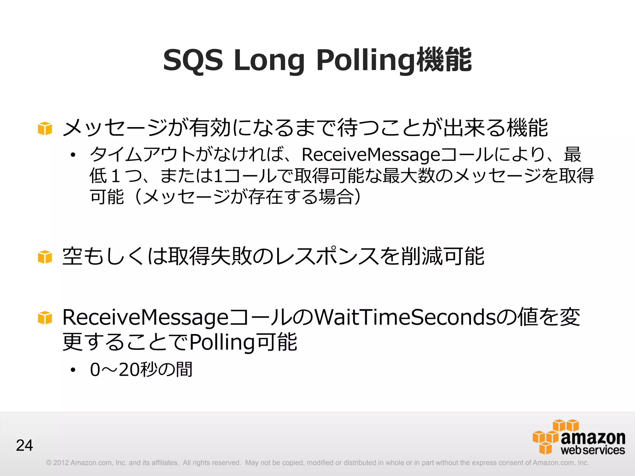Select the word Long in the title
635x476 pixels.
click(269, 61)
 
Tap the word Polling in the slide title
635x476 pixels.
click(366, 61)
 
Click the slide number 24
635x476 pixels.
click(24, 445)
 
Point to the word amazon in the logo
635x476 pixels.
click(593, 438)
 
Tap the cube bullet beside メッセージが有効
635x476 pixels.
click(45, 128)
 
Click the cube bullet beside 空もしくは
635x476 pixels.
click(45, 257)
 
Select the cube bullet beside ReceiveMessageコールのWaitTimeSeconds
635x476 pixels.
click(45, 318)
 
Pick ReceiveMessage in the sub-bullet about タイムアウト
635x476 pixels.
click(371, 155)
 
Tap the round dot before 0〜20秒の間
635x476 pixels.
click(73, 370)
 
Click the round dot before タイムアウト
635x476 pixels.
click(73, 155)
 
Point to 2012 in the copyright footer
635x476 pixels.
click(61, 463)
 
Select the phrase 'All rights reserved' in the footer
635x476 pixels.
click(212, 463)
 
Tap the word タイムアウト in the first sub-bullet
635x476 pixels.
click(143, 155)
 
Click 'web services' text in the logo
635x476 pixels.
click(593, 450)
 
